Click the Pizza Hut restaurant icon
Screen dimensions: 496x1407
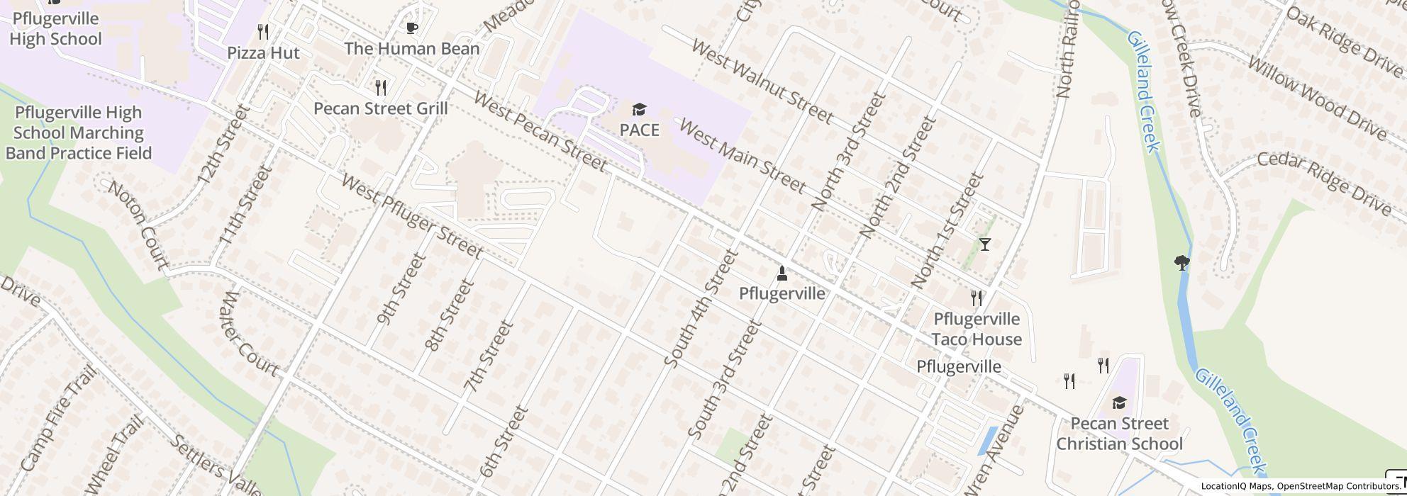coord(263,32)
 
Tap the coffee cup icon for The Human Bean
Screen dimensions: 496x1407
coord(411,28)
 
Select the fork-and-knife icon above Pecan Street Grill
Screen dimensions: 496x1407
coord(382,88)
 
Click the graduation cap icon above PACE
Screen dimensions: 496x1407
coord(639,109)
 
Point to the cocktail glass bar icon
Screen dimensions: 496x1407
coord(984,244)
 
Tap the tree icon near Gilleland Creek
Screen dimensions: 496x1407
coord(1181,263)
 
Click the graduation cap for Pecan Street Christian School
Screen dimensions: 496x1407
coord(1119,403)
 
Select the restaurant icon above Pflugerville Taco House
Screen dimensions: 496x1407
coord(977,298)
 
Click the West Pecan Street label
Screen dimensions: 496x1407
coord(540,132)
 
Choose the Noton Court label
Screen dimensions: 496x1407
coord(138,225)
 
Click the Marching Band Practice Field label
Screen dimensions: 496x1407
coord(79,133)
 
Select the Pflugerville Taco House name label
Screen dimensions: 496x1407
coord(977,329)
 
